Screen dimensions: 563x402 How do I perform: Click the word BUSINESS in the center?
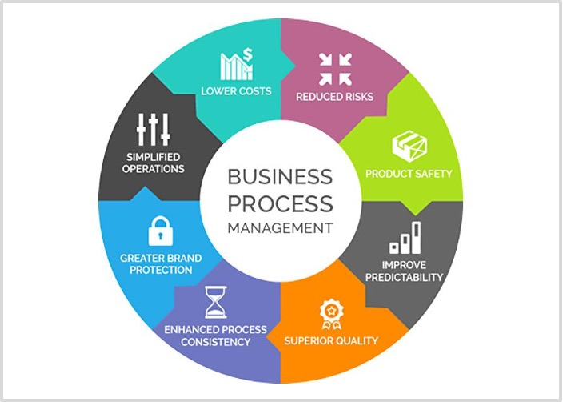click(x=280, y=176)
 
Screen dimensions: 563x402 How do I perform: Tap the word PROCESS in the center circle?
click(x=281, y=203)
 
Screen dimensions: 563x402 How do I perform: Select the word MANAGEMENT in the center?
click(x=281, y=228)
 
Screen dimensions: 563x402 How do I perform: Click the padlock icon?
click(x=161, y=231)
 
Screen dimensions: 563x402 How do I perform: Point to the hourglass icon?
click(x=215, y=302)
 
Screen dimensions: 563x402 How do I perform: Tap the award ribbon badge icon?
click(x=332, y=315)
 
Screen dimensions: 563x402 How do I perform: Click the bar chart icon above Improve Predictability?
click(x=405, y=238)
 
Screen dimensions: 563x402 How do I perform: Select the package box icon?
click(x=409, y=147)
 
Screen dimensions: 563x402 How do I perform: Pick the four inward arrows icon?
click(x=335, y=70)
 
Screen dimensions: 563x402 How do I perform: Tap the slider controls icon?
click(x=153, y=130)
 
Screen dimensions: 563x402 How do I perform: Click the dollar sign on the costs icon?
click(x=248, y=54)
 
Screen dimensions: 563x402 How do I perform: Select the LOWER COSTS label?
click(x=236, y=91)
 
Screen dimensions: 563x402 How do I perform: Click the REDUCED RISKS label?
click(x=334, y=97)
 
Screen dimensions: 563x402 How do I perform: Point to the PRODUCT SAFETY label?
click(x=409, y=174)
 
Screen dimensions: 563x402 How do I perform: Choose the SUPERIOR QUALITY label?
click(x=331, y=340)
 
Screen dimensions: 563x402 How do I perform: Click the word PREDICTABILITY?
click(x=405, y=278)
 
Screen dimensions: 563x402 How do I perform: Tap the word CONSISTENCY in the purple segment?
click(x=215, y=342)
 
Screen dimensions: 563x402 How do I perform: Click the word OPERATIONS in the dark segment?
click(x=154, y=169)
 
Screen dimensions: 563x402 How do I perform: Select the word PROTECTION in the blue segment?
click(x=161, y=270)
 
